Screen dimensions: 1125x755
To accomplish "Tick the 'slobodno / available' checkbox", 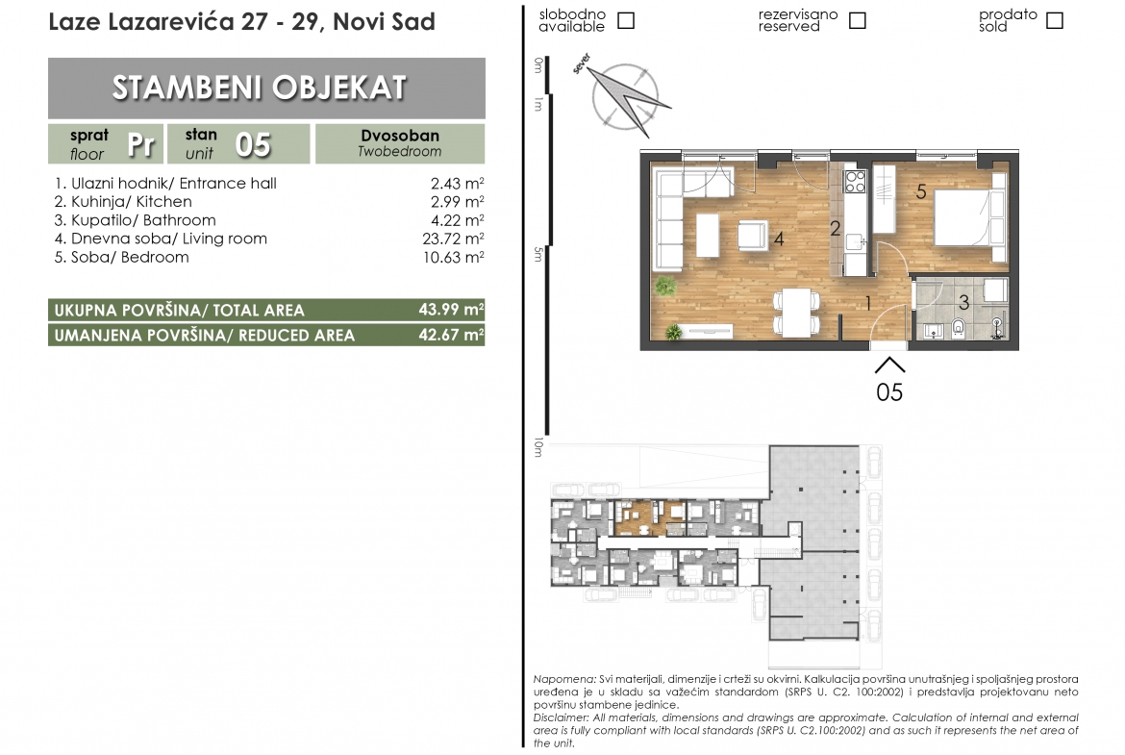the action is (626, 20).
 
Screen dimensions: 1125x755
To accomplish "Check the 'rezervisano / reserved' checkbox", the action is (858, 20).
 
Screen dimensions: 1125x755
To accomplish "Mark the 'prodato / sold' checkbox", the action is (1055, 20).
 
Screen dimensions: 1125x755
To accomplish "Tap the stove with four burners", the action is (855, 182).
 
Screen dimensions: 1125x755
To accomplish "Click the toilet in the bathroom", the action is (958, 327).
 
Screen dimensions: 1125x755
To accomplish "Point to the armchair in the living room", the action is (753, 236).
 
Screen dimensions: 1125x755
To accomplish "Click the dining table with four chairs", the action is (796, 313).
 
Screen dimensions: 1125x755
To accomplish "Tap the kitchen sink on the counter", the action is (854, 242).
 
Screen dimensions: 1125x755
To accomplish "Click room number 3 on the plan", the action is (964, 303).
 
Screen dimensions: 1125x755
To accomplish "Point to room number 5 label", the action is (921, 191).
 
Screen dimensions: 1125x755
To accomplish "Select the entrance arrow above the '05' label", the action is (889, 365).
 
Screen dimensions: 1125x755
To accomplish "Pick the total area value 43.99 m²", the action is (451, 310).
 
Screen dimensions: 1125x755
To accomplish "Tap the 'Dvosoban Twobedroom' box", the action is (400, 143).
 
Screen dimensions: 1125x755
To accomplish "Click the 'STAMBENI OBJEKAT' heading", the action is (260, 88).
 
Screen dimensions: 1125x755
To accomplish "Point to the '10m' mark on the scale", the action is (538, 447).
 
